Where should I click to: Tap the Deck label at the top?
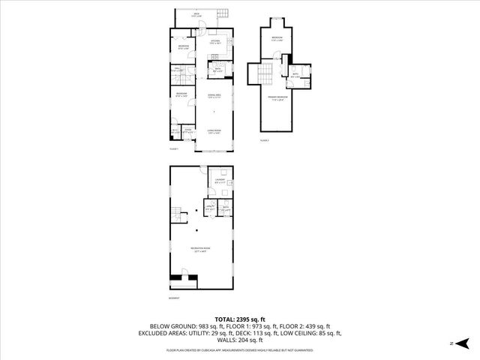(197, 14)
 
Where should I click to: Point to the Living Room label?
(214, 133)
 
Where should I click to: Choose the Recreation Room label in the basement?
(200, 250)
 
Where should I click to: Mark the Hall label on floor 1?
(178, 70)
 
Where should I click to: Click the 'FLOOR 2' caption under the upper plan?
(264, 140)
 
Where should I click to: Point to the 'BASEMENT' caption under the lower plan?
(175, 299)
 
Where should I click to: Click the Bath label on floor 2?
(295, 76)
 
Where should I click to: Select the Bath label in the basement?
(224, 209)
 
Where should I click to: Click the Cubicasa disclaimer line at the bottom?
(240, 349)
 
